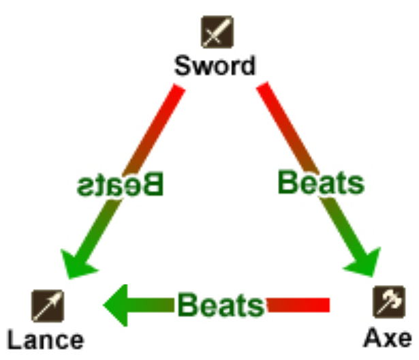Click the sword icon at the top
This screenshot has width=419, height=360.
[x=216, y=32]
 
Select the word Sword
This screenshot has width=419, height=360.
[x=215, y=66]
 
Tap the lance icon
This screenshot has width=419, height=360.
[x=48, y=305]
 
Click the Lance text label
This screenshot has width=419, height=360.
[x=46, y=339]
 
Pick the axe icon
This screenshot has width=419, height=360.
[x=388, y=303]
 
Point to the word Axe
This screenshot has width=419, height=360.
[x=387, y=337]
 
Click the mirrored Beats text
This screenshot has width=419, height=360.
[x=120, y=184]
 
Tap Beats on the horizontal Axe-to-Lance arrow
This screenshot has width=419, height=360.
[x=221, y=305]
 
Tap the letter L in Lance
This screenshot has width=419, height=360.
[x=14, y=339]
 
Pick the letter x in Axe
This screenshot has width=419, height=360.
[x=388, y=338]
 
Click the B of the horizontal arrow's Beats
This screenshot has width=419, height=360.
[x=187, y=305]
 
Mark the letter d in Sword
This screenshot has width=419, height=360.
[x=247, y=66]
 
